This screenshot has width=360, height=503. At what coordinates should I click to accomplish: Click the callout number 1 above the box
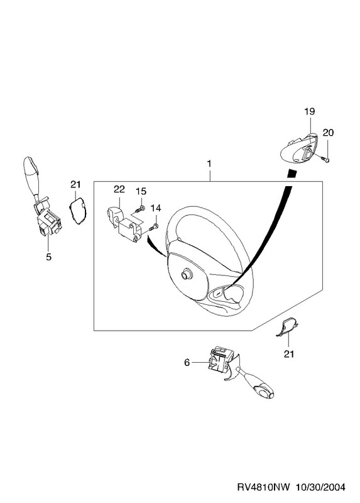pos(209,163)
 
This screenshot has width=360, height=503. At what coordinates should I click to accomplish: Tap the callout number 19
pos(310,112)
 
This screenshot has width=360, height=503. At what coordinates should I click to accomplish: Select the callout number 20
pos(328,133)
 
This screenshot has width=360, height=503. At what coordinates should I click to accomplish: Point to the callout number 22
pos(119,189)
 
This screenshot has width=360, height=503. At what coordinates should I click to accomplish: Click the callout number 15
pos(141,191)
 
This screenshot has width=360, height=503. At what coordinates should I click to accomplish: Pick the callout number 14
pos(156,208)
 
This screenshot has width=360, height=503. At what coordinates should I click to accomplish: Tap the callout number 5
pos(49,257)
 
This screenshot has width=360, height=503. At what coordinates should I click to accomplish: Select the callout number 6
pos(187,363)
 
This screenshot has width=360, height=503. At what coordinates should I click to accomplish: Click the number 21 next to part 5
pos(75,184)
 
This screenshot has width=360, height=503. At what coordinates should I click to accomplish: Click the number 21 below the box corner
pos(289,354)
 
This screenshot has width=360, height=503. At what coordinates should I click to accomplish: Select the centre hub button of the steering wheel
pos(186,274)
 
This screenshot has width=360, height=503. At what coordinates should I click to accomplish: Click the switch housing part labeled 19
pos(300,150)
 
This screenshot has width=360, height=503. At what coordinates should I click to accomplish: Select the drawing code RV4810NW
pos(263,487)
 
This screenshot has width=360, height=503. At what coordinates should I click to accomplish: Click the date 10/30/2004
pos(320,487)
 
